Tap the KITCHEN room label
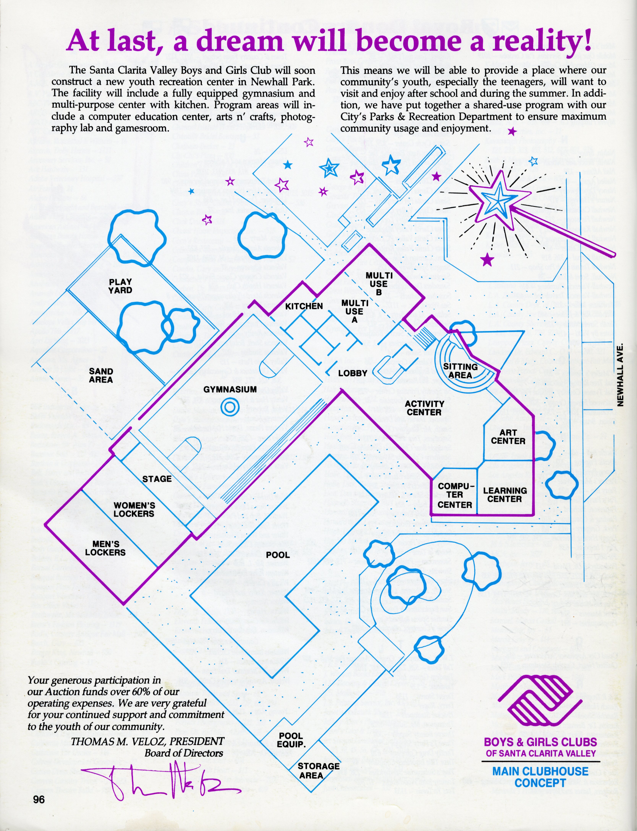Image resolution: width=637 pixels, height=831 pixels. coord(304,306)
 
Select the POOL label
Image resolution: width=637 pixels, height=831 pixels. coord(278,555)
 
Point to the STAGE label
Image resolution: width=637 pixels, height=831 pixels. coord(157,479)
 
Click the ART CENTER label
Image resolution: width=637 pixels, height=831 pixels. coord(508,437)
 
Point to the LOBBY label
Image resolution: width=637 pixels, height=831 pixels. coord(353,373)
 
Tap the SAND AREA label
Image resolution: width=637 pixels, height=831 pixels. coord(101,376)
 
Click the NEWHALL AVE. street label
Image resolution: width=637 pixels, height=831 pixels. coord(620,375)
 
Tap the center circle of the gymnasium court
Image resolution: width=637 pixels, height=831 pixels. coord(230,407)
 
